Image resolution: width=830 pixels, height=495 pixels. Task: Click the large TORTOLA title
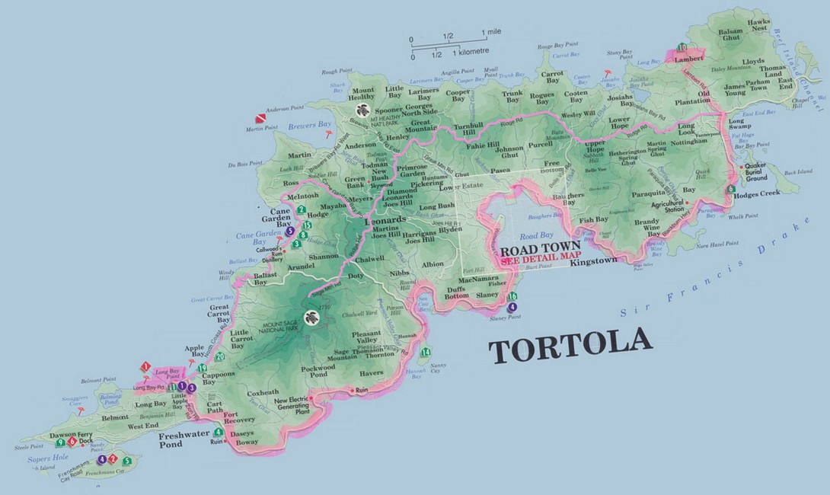point(570,350)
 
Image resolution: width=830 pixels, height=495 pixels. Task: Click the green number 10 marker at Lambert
point(682,48)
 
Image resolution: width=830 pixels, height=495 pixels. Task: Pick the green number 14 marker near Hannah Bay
point(426,352)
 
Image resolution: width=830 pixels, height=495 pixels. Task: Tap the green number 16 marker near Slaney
point(512,296)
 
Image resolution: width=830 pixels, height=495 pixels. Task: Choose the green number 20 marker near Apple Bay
point(220,356)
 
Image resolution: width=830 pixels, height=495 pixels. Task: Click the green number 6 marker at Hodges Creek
point(731,188)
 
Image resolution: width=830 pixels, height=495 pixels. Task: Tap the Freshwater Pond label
point(180,439)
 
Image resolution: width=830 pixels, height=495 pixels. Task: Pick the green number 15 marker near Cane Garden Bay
point(307,225)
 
